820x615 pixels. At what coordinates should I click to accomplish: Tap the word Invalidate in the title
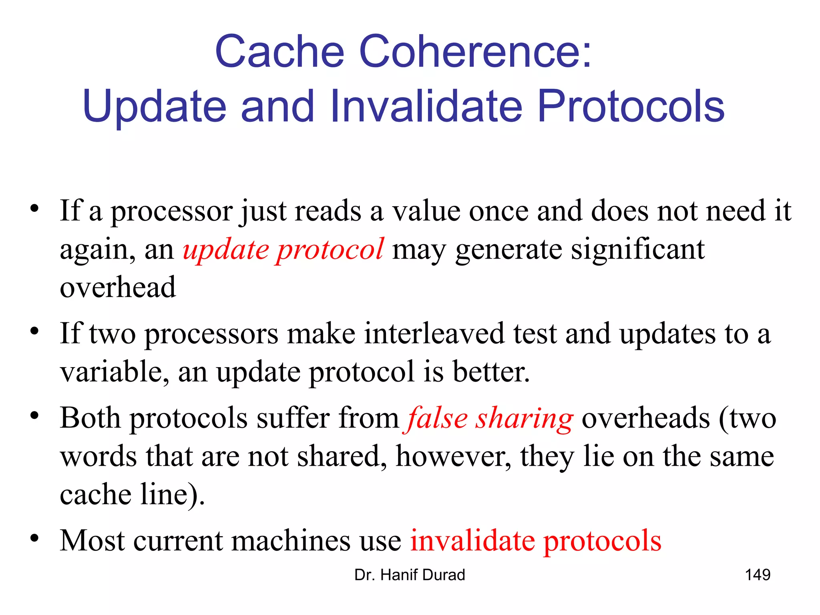click(427, 106)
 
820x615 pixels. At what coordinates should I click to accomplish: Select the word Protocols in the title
click(631, 106)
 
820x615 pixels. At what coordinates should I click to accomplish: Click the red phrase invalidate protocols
click(536, 541)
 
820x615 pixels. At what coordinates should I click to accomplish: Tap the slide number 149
click(757, 575)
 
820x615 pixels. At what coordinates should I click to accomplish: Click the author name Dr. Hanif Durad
click(410, 575)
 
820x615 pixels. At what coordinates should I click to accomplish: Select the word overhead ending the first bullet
click(118, 287)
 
